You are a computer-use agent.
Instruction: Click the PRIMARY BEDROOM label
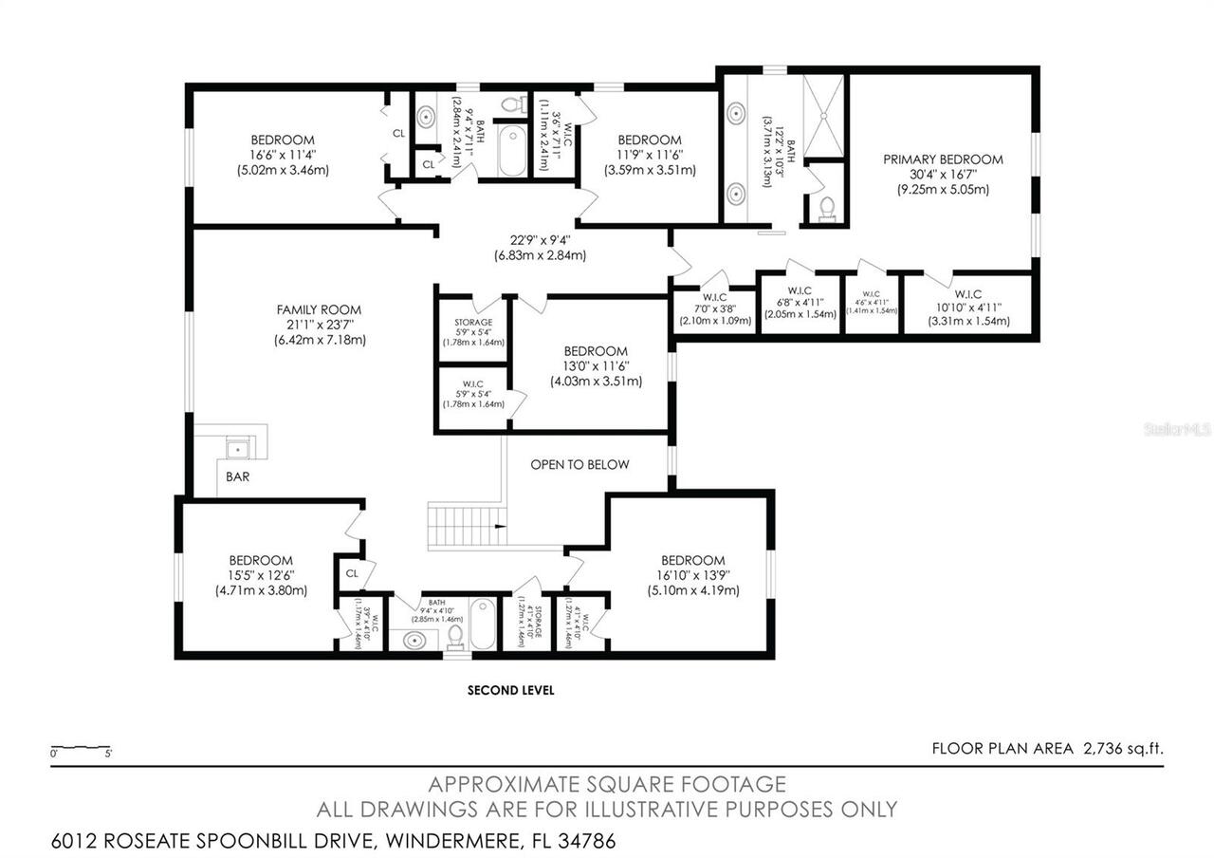(943, 159)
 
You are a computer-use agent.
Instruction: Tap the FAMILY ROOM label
(319, 309)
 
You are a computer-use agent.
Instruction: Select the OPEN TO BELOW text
(579, 464)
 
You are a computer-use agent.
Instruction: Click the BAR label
(238, 476)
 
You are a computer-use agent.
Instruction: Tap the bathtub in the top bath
(512, 153)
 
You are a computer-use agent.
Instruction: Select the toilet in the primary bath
(825, 205)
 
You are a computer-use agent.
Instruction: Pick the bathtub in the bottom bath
(482, 623)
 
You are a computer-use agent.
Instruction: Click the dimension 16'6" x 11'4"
(283, 156)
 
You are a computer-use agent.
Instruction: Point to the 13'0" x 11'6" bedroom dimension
(596, 366)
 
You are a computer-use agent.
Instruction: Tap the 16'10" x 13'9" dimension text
(692, 575)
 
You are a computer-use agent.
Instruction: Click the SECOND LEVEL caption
(510, 690)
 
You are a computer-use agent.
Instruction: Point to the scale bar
(82, 748)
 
